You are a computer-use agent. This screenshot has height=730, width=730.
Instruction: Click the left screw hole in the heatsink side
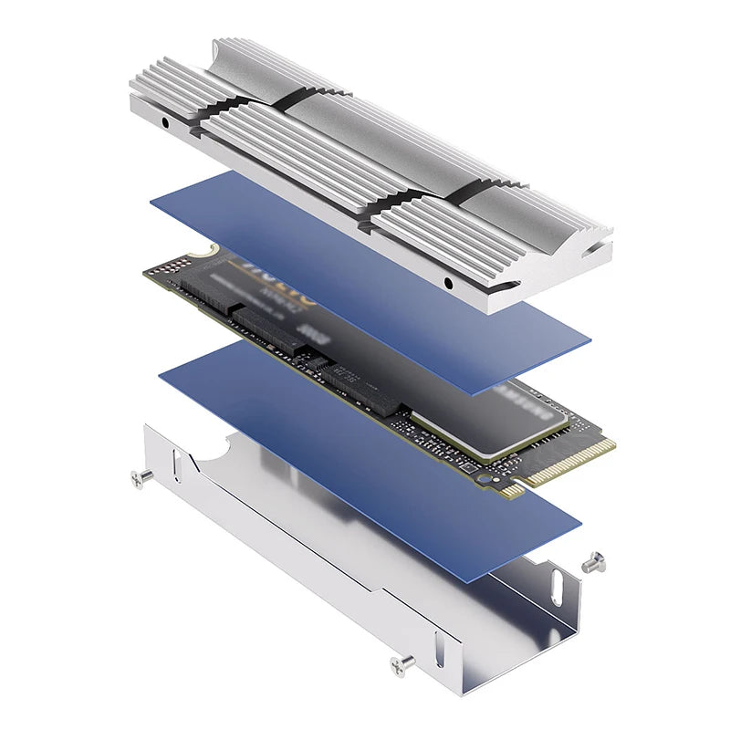tap(165, 121)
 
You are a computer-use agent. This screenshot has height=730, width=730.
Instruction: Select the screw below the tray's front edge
tap(400, 666)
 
